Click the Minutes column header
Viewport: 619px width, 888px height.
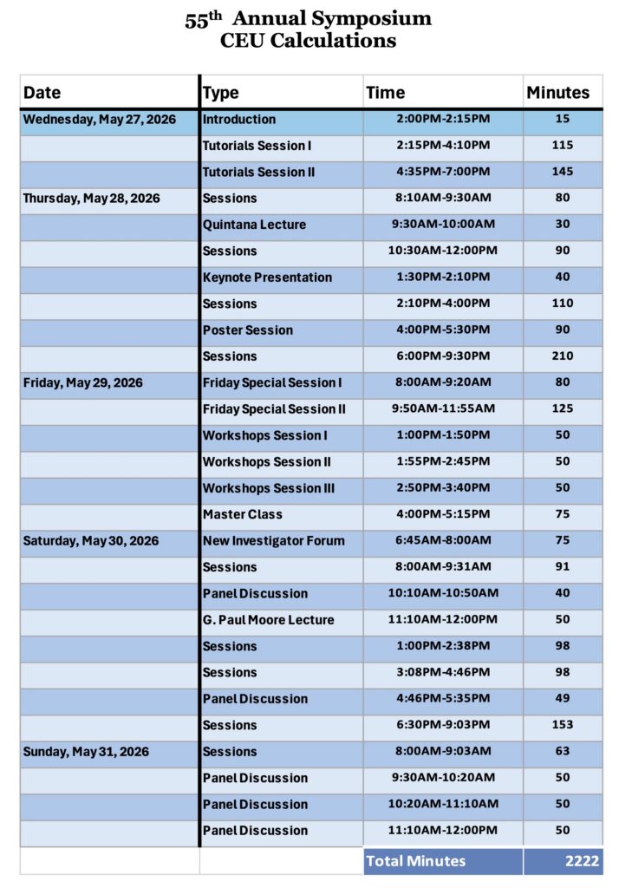coord(557,93)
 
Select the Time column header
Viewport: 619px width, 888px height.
coord(385,93)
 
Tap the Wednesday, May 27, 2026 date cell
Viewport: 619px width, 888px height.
coord(99,120)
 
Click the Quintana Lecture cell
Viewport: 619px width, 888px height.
coord(254,225)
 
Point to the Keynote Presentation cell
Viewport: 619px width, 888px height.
coord(267,277)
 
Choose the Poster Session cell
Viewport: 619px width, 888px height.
coord(248,330)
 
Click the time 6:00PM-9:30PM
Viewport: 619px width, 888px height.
coord(442,356)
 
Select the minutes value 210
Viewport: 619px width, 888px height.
coord(563,356)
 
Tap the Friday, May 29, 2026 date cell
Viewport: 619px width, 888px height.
coord(83,382)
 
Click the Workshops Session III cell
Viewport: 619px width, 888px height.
coord(268,488)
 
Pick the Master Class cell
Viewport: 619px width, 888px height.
coord(243,514)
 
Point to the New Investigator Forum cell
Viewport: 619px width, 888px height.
coord(273,541)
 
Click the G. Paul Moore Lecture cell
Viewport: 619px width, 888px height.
coord(268,620)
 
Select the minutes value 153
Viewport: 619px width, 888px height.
coord(563,725)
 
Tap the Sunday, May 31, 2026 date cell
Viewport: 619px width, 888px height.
coord(86,752)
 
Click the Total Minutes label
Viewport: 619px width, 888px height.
coord(416,861)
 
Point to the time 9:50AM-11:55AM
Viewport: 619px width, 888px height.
coord(442,409)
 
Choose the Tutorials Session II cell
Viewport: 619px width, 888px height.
coord(258,172)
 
